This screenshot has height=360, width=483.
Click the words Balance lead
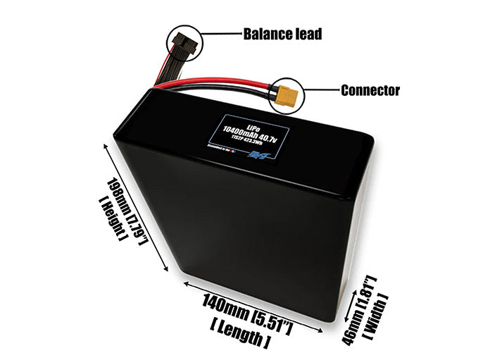point(282,34)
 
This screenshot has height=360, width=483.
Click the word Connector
point(370,90)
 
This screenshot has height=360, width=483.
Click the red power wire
point(211,83)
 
